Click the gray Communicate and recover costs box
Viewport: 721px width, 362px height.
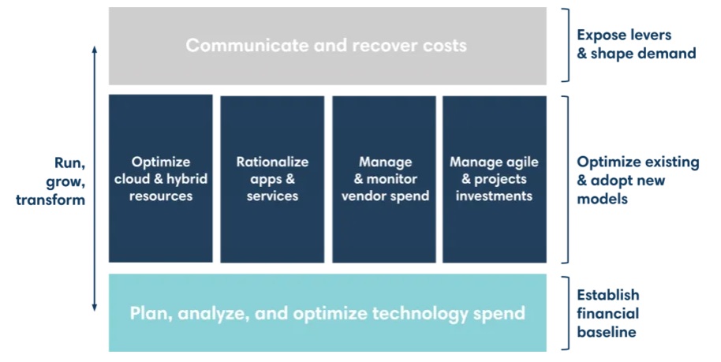click(x=327, y=46)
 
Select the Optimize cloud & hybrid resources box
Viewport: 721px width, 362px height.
click(x=160, y=178)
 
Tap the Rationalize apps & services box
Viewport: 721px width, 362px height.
click(x=272, y=179)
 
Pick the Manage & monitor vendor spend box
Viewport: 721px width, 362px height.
click(x=384, y=179)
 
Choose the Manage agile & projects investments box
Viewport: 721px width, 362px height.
click(x=495, y=179)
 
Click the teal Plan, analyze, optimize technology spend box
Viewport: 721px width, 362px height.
click(x=327, y=313)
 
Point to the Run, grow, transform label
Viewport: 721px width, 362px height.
click(x=50, y=181)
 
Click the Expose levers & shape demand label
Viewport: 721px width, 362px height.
click(x=637, y=44)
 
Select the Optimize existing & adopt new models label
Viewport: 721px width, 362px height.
click(x=637, y=180)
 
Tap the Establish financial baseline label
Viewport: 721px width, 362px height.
click(x=608, y=313)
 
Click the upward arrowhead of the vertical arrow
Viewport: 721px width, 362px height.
click(x=95, y=48)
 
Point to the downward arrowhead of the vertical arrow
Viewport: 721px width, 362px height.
click(x=95, y=308)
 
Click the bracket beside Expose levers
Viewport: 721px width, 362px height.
click(x=568, y=45)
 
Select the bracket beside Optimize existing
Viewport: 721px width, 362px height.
click(x=568, y=179)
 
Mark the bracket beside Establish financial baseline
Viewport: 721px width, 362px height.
click(x=568, y=313)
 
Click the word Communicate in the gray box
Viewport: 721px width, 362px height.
click(x=247, y=46)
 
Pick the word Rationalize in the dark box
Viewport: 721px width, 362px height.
click(x=272, y=162)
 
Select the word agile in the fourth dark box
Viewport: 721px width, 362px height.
click(x=521, y=162)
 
